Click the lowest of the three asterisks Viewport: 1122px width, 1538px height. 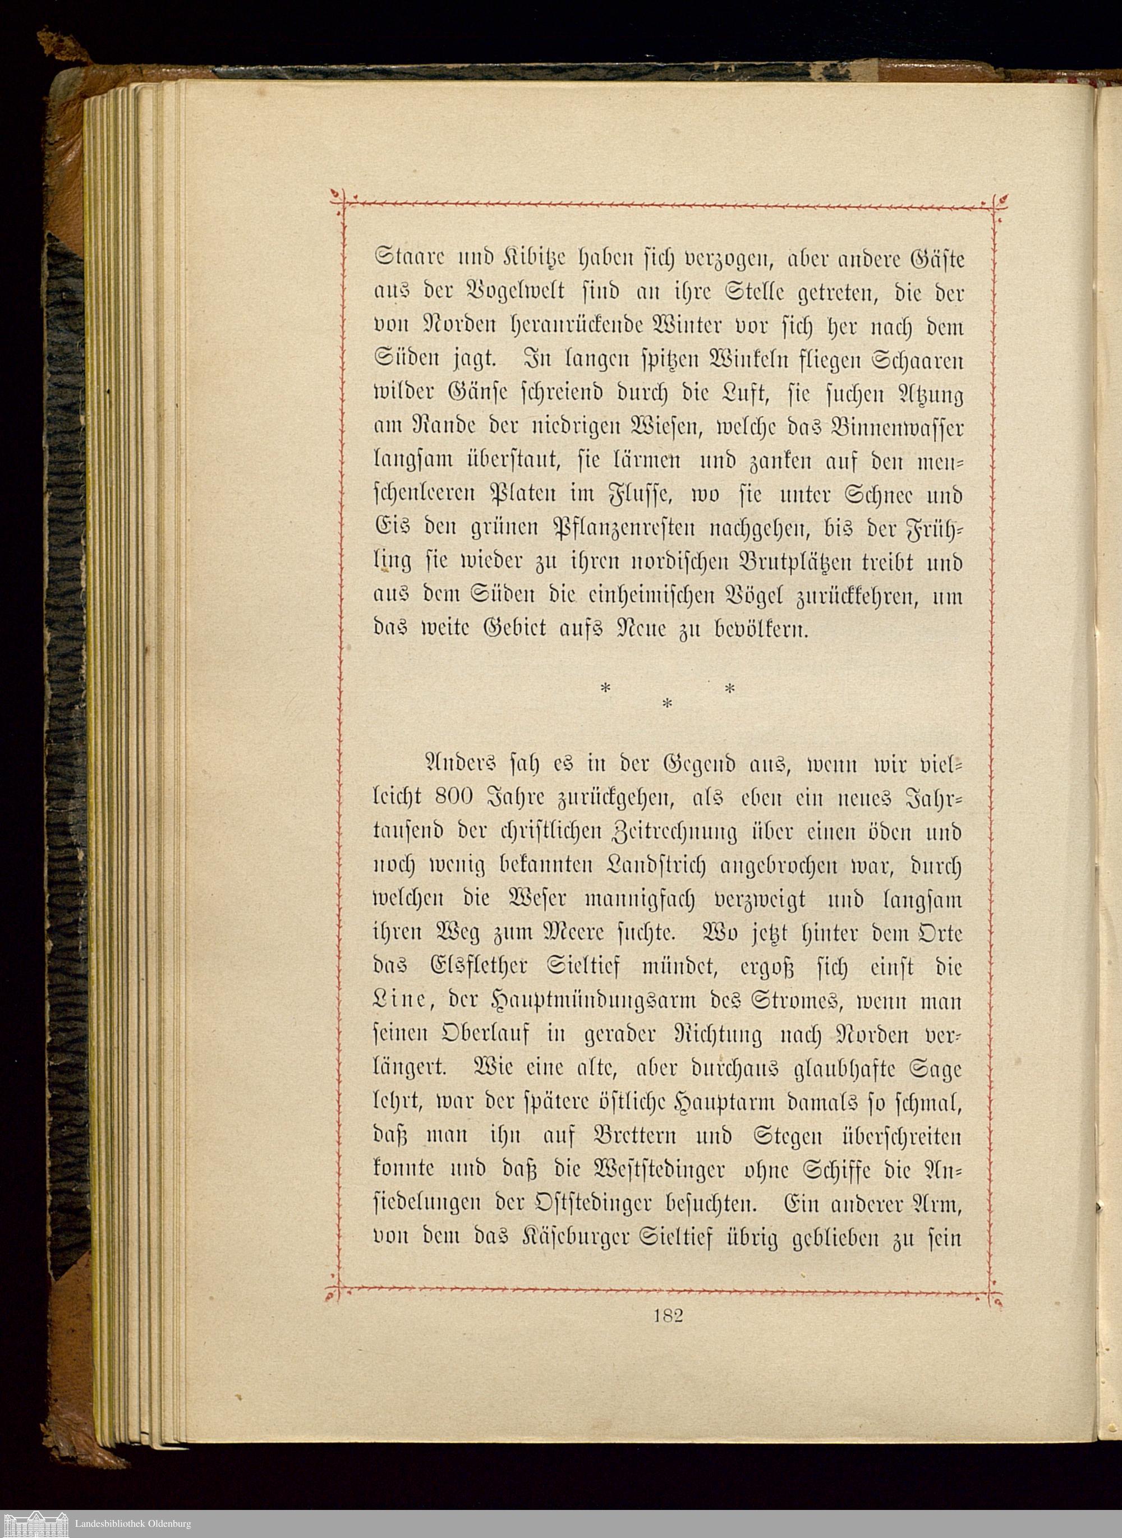tap(667, 706)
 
